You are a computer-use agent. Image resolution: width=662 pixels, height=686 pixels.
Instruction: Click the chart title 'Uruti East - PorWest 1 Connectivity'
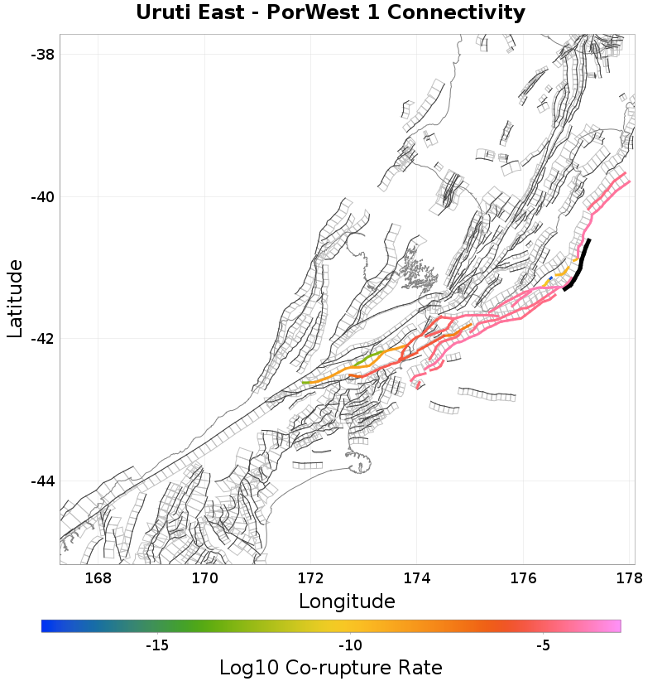330,13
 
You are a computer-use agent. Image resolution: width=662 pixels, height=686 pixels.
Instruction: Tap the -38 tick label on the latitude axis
41,55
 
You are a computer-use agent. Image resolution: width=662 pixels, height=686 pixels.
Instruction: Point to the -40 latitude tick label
41,197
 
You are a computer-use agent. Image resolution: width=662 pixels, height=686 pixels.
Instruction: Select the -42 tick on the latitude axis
41,339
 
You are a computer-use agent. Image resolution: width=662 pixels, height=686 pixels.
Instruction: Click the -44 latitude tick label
41,481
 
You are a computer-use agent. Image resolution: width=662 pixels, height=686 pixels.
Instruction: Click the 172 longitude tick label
310,577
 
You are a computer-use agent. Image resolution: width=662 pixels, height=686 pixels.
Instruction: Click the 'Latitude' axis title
15,298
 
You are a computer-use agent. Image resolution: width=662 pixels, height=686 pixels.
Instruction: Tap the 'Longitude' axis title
347,601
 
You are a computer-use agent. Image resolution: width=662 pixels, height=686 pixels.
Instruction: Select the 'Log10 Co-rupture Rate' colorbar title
330,668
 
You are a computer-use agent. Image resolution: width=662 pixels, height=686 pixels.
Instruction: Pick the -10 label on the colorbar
350,645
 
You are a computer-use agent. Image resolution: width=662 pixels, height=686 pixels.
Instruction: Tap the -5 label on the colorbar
543,645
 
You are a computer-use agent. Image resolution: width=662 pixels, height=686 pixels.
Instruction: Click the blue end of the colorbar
46,626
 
